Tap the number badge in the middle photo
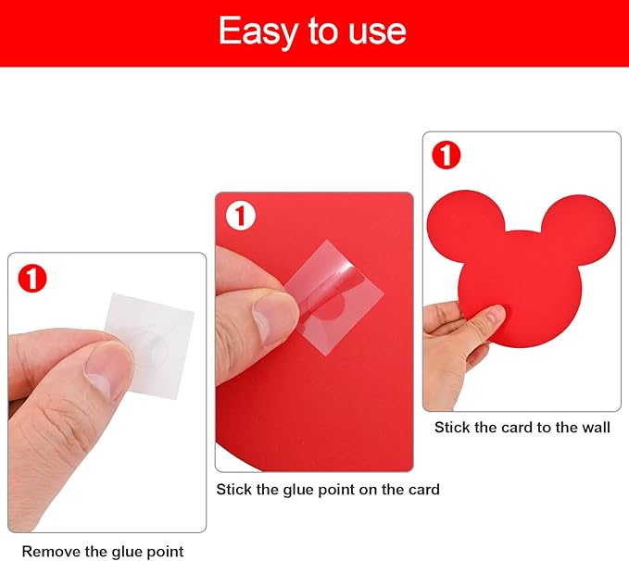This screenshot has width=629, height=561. click(241, 217)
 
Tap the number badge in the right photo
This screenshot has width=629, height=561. click(447, 155)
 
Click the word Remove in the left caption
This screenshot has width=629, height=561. click(51, 552)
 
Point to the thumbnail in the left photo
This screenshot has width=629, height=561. click(105, 368)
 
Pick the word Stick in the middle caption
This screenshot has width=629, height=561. click(234, 489)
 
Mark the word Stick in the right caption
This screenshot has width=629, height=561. click(453, 428)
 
